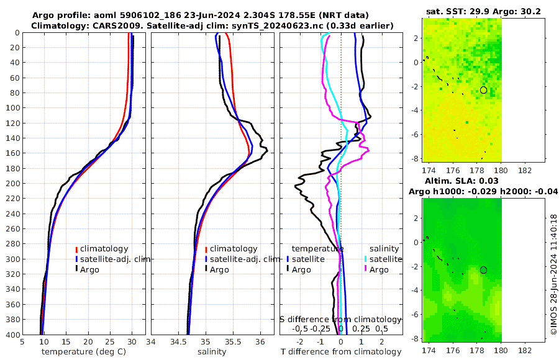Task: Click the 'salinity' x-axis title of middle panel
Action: coord(211,352)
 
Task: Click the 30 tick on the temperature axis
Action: coord(132,341)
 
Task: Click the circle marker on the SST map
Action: coord(483,90)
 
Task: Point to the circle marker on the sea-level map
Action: coord(483,270)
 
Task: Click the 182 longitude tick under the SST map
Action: coord(524,170)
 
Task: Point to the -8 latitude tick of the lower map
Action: coord(415,339)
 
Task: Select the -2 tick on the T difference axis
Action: coord(301,341)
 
